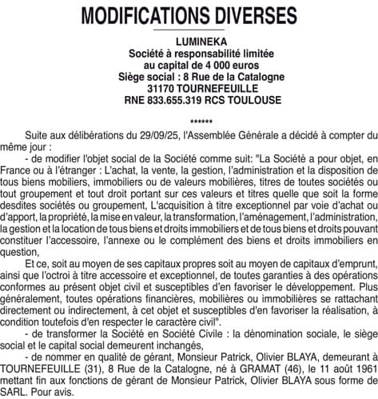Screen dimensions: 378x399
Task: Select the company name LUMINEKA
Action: tap(189, 41)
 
